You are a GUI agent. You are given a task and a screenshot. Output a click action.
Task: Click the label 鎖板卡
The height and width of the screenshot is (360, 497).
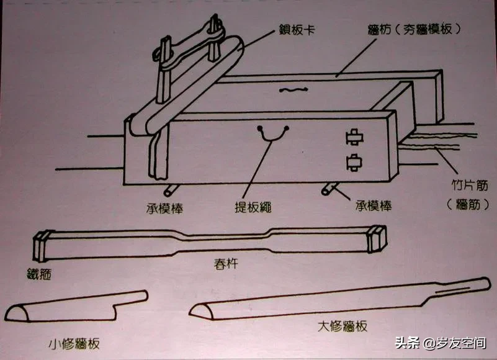click(x=297, y=30)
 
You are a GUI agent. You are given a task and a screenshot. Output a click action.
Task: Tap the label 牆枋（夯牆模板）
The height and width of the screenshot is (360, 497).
click(x=414, y=30)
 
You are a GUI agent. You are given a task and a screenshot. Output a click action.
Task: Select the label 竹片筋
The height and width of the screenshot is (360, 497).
click(x=470, y=185)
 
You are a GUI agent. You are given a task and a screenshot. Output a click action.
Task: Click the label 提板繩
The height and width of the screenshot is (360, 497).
click(x=253, y=207)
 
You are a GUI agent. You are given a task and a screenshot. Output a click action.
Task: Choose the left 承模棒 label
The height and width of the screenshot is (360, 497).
click(x=165, y=208)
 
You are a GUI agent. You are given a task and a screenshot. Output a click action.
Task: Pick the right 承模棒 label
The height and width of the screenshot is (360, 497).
click(x=374, y=206)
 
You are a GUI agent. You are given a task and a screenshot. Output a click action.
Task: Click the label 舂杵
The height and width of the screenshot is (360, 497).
click(x=226, y=264)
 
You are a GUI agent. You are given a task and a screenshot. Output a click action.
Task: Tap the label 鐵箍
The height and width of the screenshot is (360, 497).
click(x=39, y=274)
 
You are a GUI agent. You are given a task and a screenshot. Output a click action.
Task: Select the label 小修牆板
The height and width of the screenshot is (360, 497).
click(x=74, y=344)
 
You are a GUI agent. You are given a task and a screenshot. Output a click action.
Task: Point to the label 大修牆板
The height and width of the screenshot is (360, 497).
click(x=343, y=326)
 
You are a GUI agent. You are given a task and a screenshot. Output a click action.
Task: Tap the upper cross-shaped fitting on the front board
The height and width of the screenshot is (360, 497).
click(x=354, y=137)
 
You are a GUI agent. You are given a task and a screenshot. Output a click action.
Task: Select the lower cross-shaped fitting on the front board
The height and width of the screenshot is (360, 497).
click(x=354, y=163)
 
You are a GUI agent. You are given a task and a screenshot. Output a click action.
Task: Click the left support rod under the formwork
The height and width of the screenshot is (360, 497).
click(x=170, y=190)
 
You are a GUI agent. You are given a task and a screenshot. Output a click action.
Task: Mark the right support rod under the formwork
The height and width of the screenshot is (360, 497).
click(x=329, y=189)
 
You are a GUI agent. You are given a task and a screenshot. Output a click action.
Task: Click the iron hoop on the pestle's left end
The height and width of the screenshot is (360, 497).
click(x=41, y=246)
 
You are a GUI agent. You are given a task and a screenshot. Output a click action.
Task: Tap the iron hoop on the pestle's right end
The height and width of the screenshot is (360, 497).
click(x=377, y=238)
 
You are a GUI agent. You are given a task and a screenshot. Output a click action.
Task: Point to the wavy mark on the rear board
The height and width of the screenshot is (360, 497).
click(x=293, y=90)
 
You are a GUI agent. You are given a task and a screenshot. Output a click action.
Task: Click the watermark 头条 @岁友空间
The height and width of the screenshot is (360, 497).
click(x=441, y=343)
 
